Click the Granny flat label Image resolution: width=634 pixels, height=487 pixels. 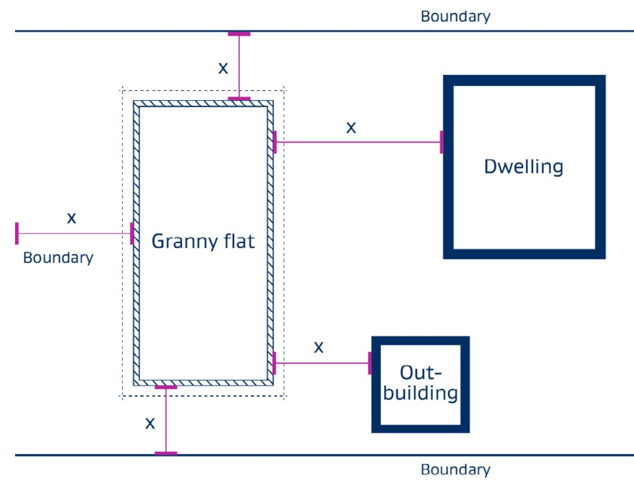203,241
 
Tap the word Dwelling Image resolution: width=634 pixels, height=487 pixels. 523,167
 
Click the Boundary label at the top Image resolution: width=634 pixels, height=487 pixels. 455,16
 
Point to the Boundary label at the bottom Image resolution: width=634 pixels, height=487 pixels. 455,470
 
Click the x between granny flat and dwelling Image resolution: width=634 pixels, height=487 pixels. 351,127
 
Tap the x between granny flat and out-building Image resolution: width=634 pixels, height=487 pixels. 319,347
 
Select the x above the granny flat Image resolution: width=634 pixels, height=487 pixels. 223,67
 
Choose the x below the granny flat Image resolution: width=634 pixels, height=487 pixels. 150,423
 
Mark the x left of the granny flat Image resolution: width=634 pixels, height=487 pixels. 72,218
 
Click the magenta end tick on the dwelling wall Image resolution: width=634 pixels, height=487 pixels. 442,142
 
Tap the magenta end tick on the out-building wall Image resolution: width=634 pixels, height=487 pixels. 370,363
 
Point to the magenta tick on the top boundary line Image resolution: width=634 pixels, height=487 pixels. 239,34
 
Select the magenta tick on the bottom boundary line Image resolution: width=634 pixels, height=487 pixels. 166,453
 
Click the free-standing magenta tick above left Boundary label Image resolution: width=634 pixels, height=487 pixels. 17,233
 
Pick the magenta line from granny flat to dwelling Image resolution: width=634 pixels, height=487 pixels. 358,142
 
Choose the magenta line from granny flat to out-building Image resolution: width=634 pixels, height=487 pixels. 322,363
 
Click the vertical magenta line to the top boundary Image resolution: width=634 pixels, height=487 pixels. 239,66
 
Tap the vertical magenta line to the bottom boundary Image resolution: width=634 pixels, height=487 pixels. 166,421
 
